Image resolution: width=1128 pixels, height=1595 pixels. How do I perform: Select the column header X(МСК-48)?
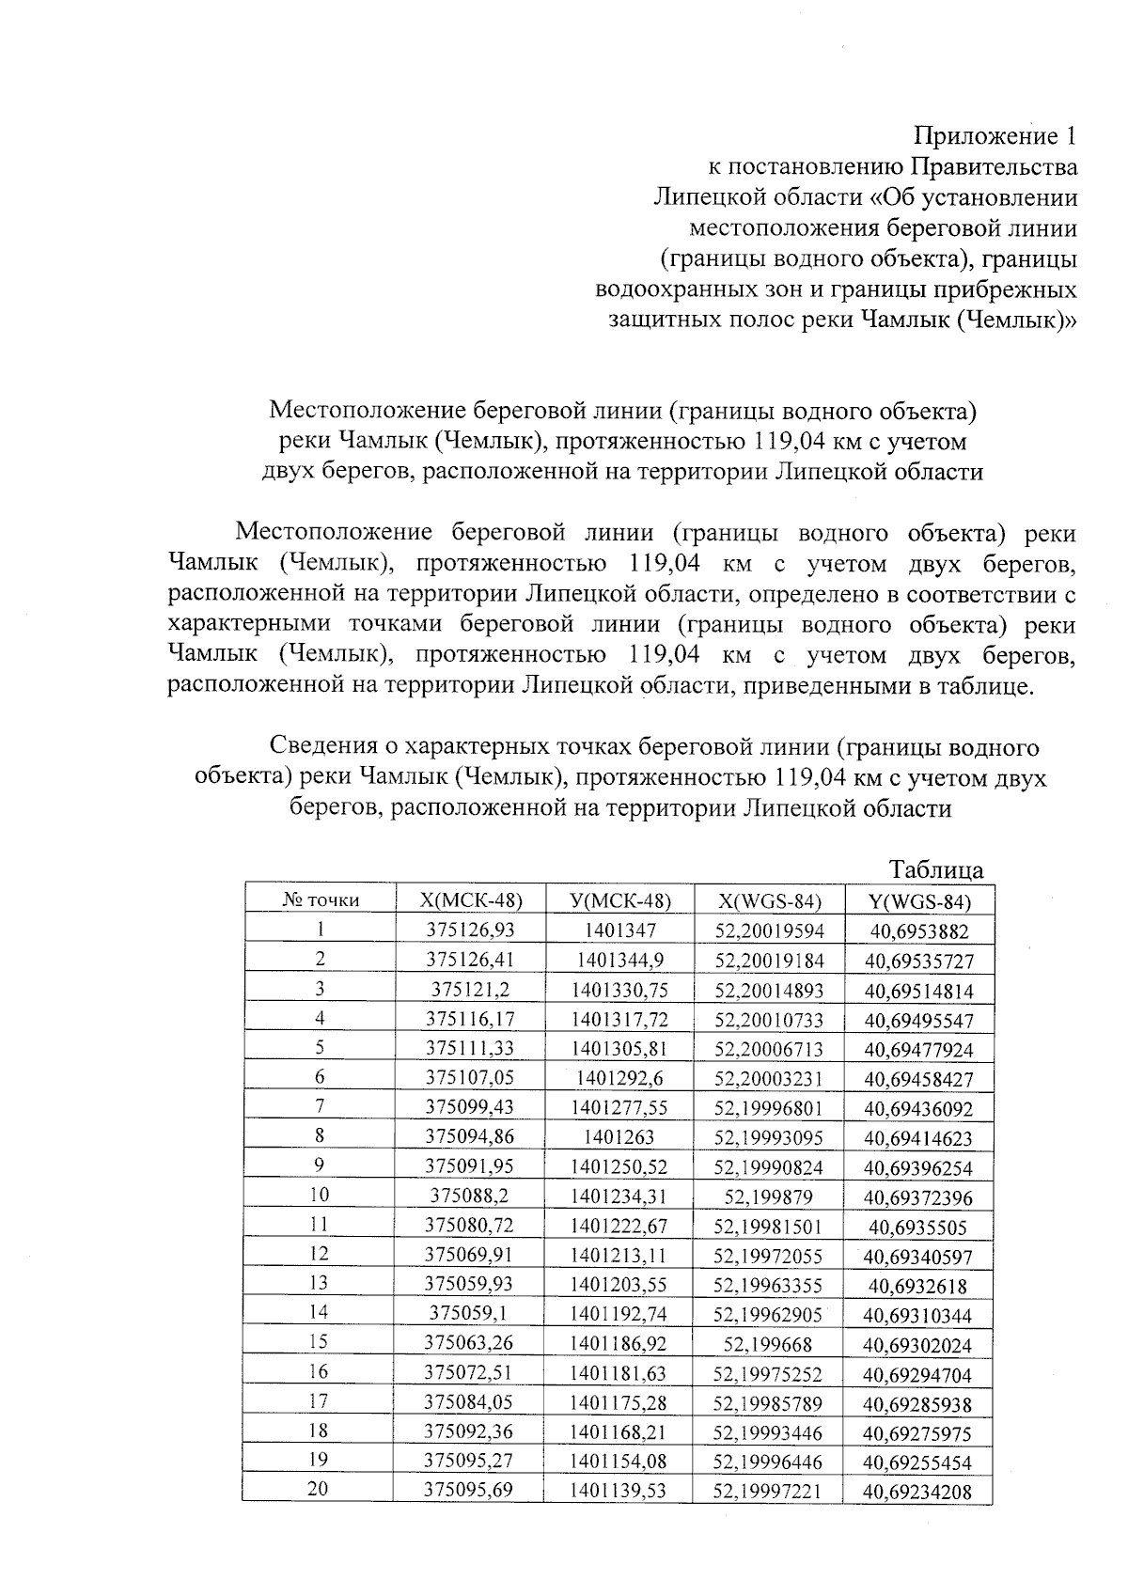470,899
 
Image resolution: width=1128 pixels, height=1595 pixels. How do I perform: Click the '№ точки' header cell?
321,899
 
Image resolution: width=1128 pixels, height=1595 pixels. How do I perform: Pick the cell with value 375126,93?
470,930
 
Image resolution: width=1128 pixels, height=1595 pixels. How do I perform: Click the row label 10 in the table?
320,1195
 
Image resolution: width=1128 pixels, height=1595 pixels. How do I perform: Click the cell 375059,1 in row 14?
470,1313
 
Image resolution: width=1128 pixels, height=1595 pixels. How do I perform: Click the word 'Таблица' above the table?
936,869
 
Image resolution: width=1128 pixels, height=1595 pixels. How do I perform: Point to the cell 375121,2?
470,989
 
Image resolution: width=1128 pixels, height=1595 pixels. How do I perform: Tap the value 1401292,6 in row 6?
619,1077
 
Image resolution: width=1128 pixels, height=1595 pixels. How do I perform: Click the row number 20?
319,1489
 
